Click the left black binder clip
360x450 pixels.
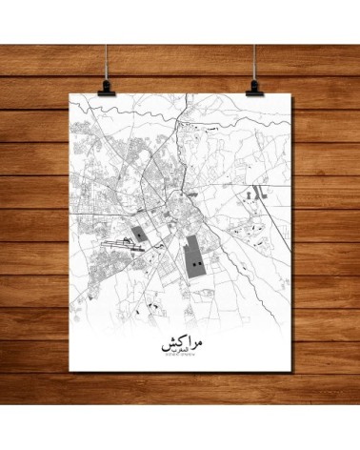[x=104, y=85]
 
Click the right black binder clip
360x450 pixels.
[x=255, y=85]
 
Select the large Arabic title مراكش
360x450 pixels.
[x=180, y=338]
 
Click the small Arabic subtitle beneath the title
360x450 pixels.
[x=180, y=351]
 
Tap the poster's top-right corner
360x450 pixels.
[x=287, y=94]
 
